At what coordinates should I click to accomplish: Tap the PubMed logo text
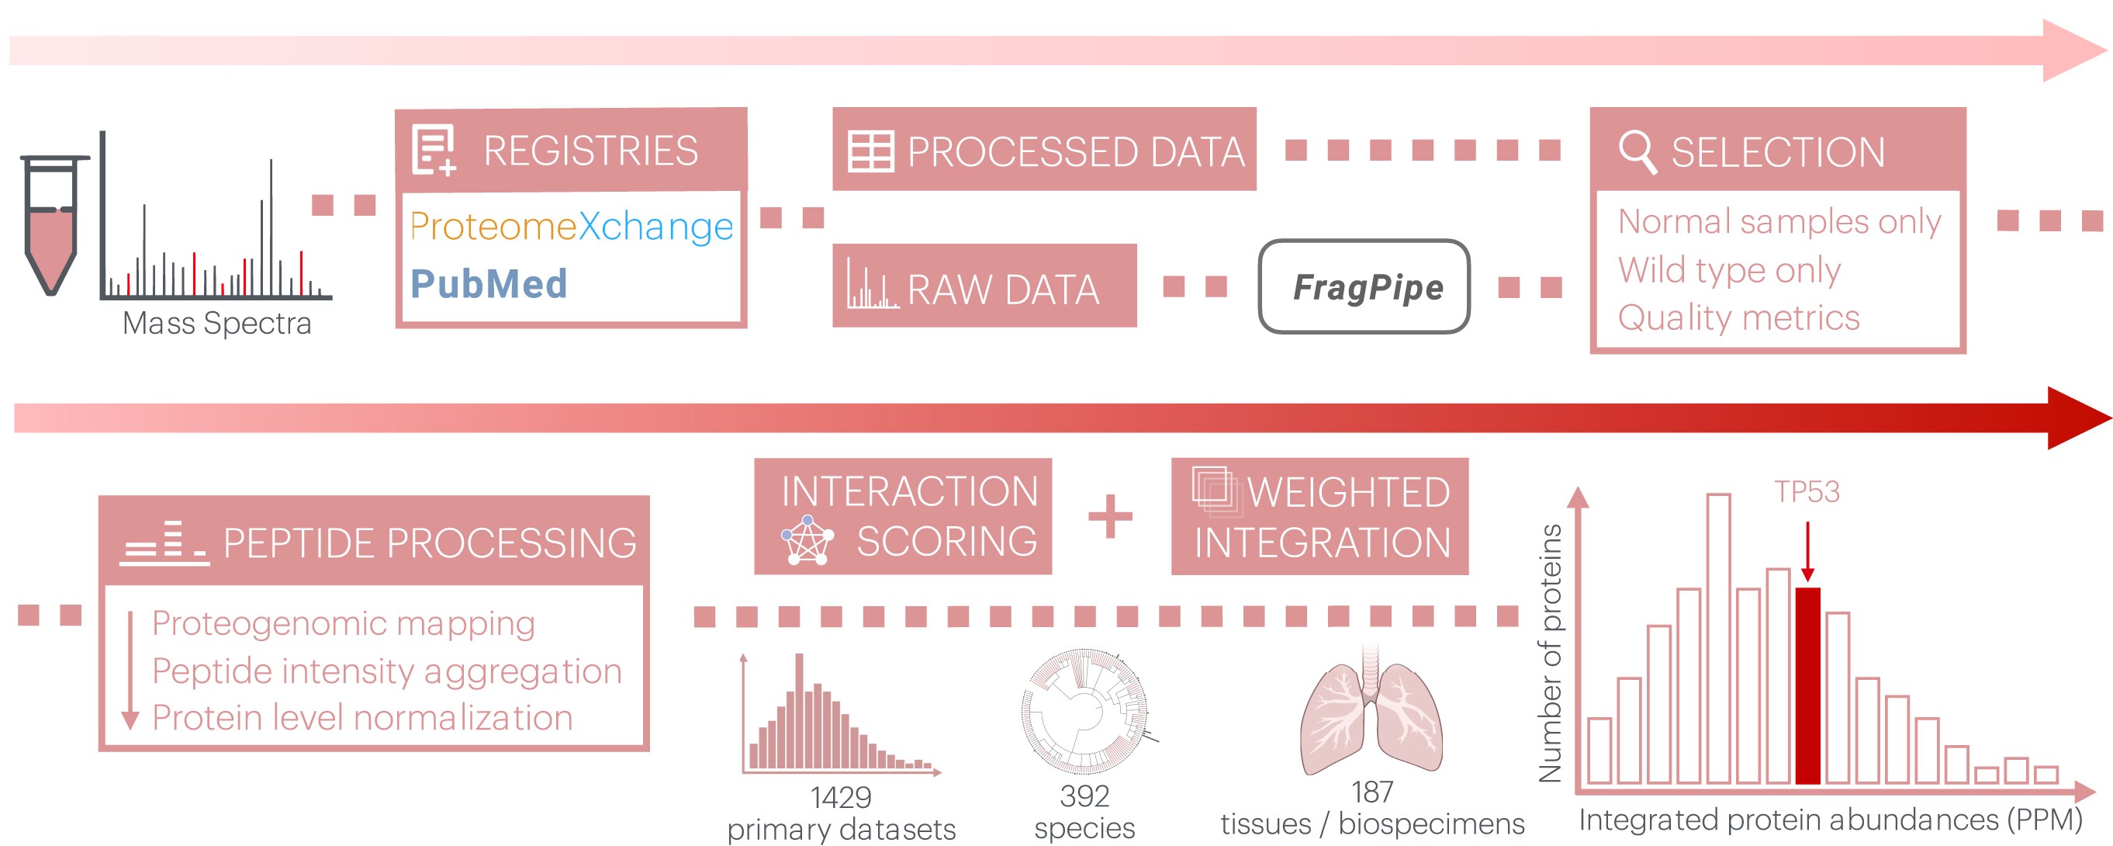488,284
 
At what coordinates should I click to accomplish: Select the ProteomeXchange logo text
571,226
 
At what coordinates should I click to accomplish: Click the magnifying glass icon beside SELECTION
1637,152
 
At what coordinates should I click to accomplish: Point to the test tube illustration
52,224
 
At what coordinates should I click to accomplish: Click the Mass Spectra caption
216,324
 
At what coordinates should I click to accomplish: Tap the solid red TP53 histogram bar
1807,685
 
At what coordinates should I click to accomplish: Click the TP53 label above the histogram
1807,491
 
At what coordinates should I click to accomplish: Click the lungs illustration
1371,710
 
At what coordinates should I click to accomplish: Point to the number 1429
841,797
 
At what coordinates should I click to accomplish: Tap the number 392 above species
1084,795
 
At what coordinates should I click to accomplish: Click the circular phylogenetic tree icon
1084,711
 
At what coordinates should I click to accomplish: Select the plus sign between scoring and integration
1110,516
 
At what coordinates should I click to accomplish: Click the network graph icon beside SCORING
808,541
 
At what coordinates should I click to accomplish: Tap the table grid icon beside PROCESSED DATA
870,152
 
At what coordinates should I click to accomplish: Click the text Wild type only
1729,270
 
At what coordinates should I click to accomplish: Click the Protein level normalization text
361,718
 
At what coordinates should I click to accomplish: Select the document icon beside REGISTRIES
434,150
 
